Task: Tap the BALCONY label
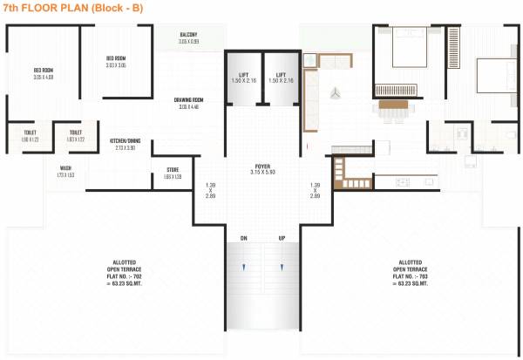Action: pos(189,38)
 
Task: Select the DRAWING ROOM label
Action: pos(190,104)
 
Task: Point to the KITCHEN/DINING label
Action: pos(126,144)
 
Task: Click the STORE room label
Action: pos(173,173)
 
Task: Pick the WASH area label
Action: pos(65,172)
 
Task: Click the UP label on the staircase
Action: pos(281,237)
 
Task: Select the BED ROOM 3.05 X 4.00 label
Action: pos(44,72)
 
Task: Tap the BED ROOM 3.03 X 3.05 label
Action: pos(116,62)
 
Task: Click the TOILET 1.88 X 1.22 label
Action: pos(31,136)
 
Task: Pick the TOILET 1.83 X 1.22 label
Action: pos(75,136)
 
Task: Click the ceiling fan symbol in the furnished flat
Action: pos(335,92)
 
